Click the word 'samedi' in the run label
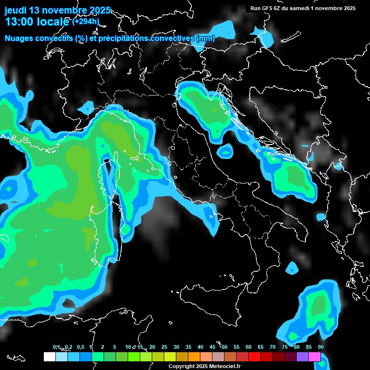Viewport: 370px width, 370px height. [305, 8]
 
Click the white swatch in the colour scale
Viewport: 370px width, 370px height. [49, 357]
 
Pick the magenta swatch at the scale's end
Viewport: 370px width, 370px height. [315, 357]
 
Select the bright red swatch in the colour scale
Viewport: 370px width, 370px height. [254, 357]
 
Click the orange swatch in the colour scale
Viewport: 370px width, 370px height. [194, 357]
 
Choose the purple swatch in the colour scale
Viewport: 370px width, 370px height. [303, 357]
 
